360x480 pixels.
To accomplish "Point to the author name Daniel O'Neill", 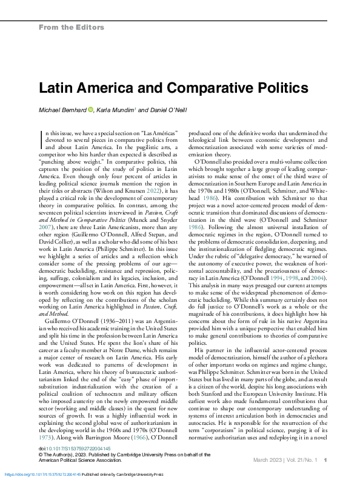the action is (x=178, y=110).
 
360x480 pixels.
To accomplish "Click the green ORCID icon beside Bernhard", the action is (x=91, y=110).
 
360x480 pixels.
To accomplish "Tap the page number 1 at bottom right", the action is (x=326, y=460).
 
